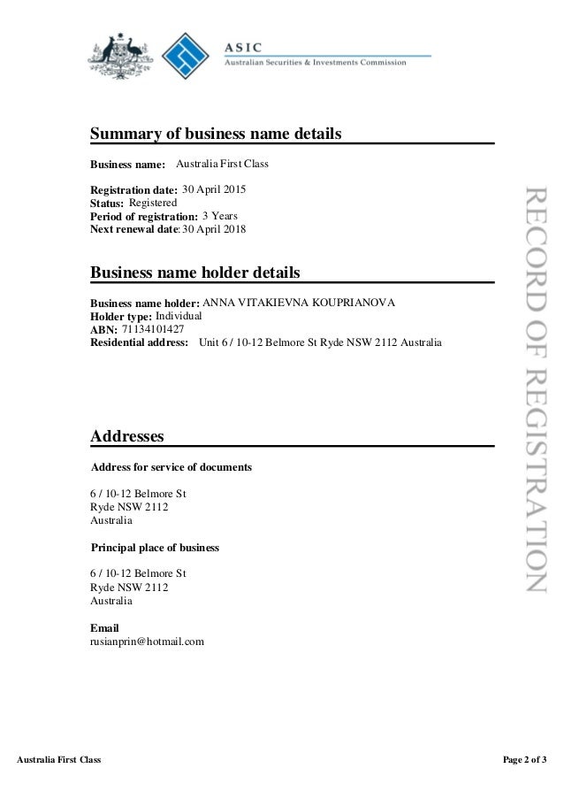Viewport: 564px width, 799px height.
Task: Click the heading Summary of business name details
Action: [216, 134]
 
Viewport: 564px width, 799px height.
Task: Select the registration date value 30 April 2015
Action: [214, 189]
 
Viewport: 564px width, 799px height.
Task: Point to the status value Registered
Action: [147, 203]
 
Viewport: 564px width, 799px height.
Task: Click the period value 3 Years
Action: [219, 215]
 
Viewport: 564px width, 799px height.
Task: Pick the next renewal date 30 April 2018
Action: [214, 229]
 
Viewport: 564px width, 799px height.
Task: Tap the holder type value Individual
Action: [179, 315]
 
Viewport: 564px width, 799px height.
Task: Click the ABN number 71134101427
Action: [153, 329]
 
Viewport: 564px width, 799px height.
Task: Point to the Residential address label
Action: [140, 342]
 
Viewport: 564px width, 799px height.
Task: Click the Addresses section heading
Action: [127, 436]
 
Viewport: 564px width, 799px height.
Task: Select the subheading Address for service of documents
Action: [172, 466]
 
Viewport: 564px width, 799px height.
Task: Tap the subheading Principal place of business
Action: [156, 548]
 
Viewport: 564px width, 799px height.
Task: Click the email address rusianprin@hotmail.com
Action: [148, 641]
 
